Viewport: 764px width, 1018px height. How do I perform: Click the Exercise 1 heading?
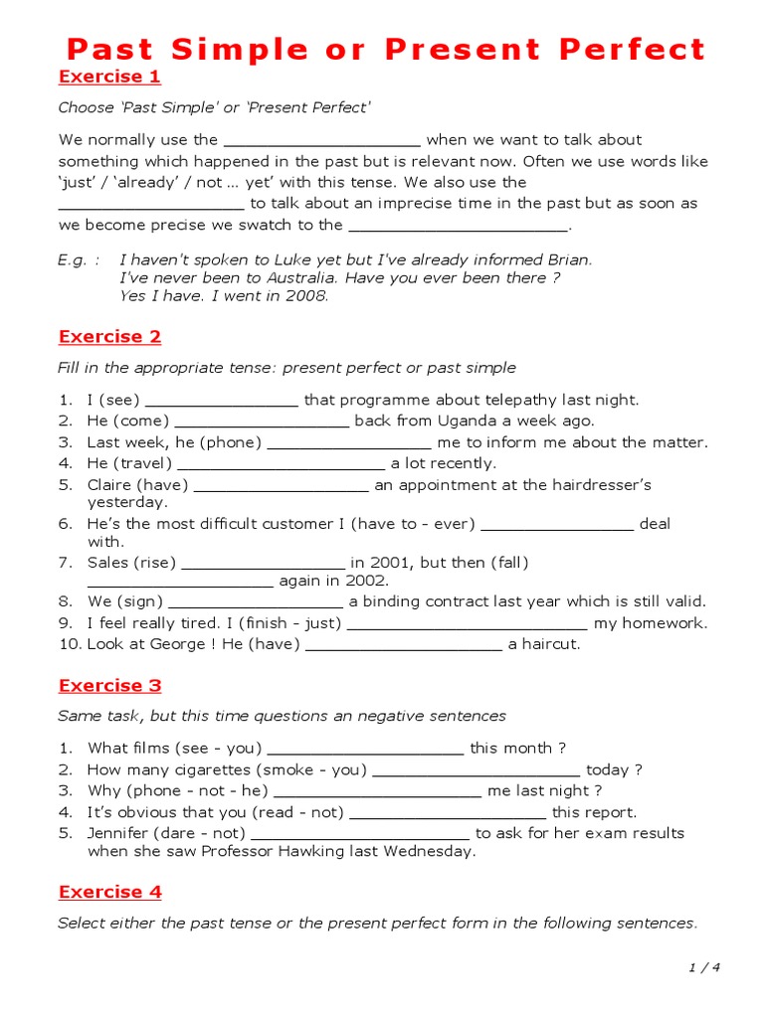click(x=109, y=77)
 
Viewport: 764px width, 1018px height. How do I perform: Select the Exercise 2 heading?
click(x=109, y=336)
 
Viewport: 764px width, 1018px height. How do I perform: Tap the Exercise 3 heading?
click(x=109, y=685)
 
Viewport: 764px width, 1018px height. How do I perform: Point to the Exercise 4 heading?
click(x=109, y=892)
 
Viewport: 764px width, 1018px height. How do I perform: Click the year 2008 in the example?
click(x=307, y=295)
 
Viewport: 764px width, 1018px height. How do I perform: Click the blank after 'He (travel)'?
click(x=282, y=464)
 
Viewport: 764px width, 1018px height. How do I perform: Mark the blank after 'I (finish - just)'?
click(x=468, y=624)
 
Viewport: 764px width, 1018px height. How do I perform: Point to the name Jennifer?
click(x=122, y=833)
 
